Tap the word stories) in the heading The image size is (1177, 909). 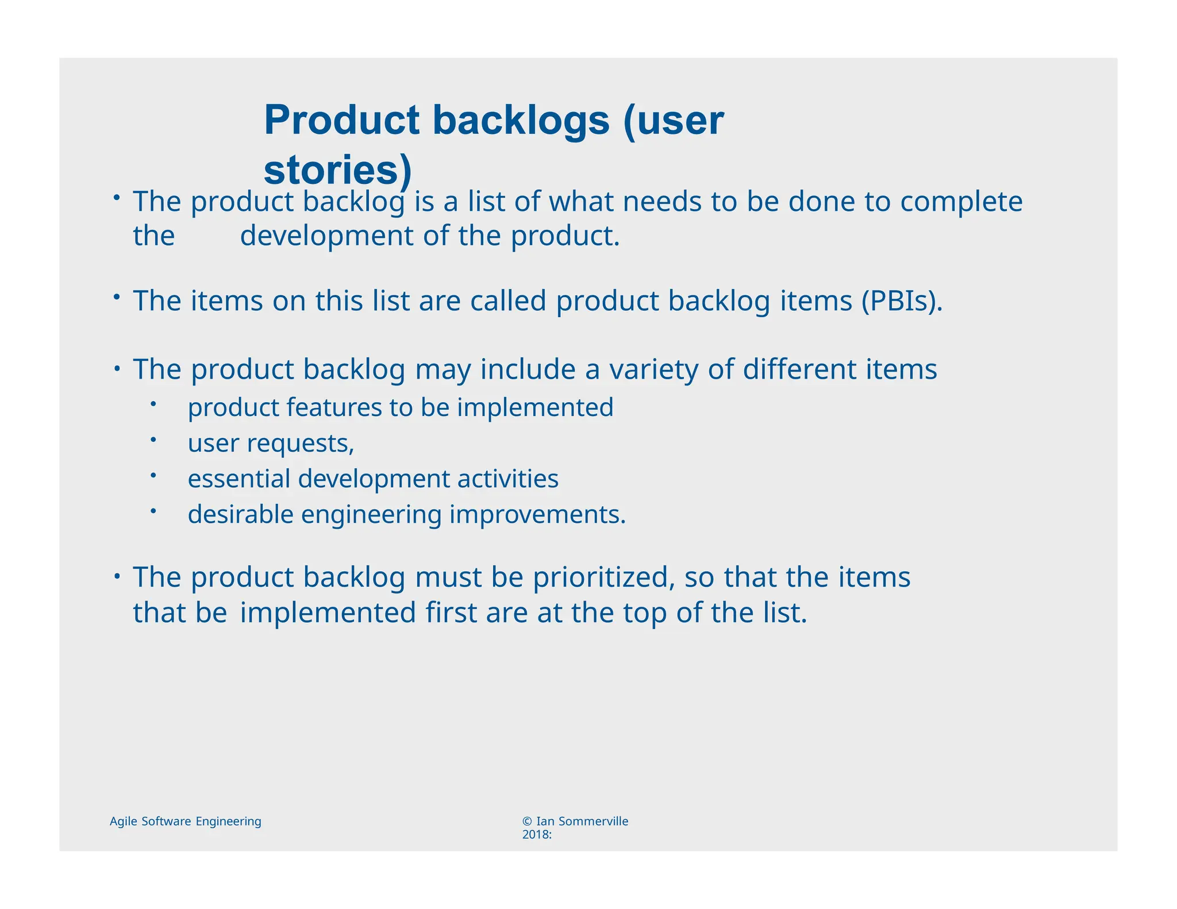pyautogui.click(x=338, y=170)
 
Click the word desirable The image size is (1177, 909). pyautogui.click(x=240, y=514)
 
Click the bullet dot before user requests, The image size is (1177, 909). pyautogui.click(x=153, y=440)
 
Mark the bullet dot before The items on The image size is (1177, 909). pyautogui.click(x=116, y=296)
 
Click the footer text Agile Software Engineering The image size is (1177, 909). pyautogui.click(x=185, y=821)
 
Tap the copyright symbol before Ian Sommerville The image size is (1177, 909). pyautogui.click(x=526, y=822)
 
